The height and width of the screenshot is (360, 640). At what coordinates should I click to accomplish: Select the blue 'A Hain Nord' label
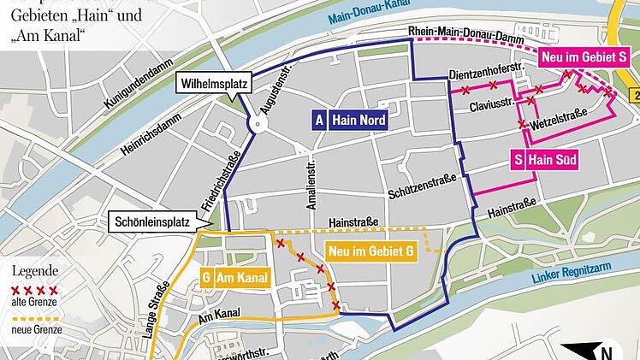point(348,121)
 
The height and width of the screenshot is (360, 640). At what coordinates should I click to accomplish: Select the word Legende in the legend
point(31,271)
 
